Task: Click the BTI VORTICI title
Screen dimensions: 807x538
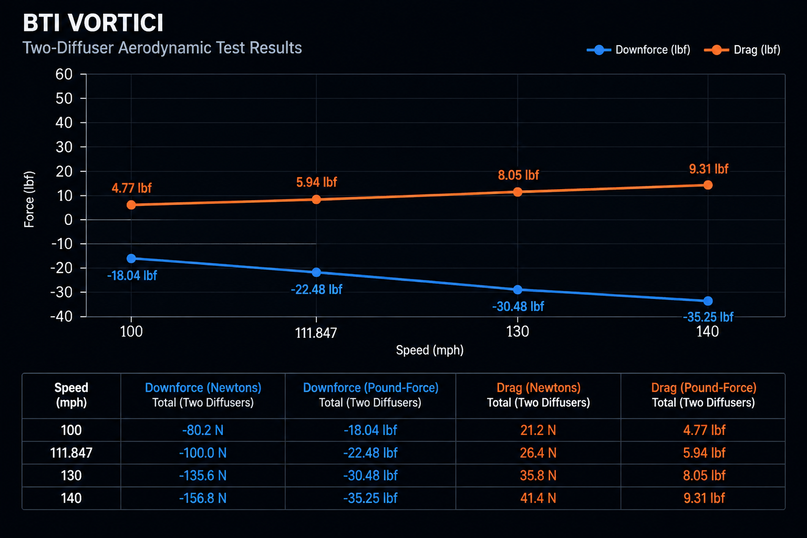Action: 93,23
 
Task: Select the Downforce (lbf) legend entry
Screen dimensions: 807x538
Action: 638,50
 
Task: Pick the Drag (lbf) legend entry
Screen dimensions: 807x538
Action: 742,50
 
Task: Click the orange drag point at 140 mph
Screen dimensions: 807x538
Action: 708,185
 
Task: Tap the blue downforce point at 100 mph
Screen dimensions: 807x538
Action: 131,258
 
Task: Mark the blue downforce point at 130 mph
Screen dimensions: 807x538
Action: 518,289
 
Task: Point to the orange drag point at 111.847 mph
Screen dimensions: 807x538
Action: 316,199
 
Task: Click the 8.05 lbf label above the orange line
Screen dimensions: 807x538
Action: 518,175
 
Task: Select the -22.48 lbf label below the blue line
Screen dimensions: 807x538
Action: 316,289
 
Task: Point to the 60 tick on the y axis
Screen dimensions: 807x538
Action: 64,74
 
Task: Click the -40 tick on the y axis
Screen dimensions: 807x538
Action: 61,317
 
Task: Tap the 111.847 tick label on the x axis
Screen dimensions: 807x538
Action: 316,333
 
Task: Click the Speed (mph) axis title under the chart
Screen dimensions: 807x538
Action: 430,350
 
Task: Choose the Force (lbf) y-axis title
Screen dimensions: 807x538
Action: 29,199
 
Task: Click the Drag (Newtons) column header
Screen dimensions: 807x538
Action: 538,388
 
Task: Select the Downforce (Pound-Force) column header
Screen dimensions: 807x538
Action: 370,388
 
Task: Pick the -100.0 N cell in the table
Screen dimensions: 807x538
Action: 203,453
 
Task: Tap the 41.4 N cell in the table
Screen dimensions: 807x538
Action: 538,499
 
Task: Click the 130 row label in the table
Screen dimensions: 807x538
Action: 71,475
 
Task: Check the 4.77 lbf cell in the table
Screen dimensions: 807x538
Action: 704,430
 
